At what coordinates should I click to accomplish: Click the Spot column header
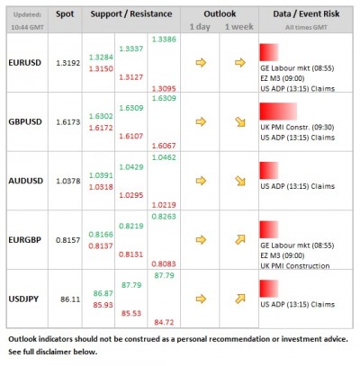65,14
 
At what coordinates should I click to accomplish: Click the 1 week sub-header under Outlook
238,28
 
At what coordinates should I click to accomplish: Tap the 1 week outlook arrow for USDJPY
238,296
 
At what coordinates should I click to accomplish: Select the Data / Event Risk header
306,14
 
